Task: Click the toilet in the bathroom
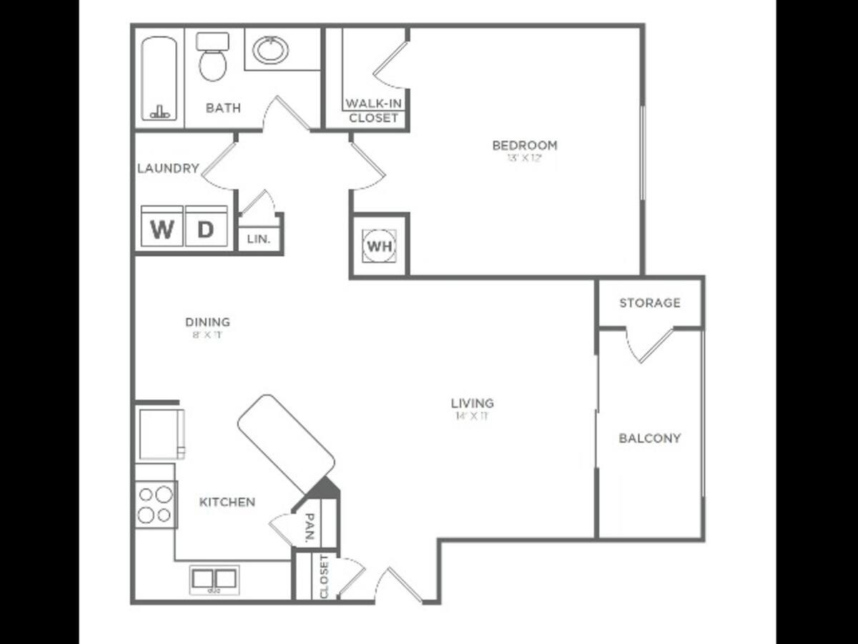[x=212, y=57]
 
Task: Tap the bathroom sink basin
[x=271, y=50]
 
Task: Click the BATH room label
[x=223, y=108]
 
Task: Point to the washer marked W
[x=162, y=230]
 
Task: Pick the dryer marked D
[x=206, y=230]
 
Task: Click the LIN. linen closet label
[x=259, y=239]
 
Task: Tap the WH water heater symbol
[x=379, y=246]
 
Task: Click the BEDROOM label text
[x=525, y=145]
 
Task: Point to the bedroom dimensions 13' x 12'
[x=525, y=158]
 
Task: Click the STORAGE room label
[x=650, y=303]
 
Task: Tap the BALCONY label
[x=650, y=438]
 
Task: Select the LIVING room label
[x=473, y=403]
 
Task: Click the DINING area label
[x=207, y=322]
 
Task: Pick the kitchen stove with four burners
[x=155, y=504]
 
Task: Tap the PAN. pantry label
[x=310, y=528]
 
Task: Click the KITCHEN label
[x=227, y=502]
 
